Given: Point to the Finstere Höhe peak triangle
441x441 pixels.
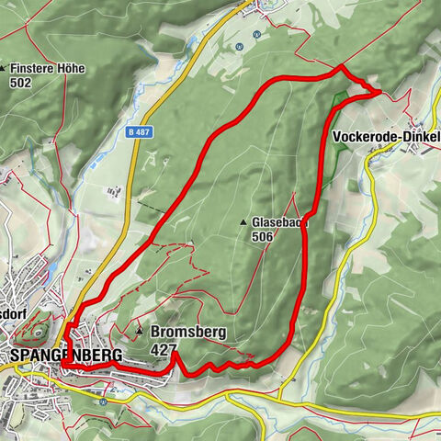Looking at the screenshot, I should coord(4,68).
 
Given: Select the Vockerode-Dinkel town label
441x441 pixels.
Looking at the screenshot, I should coord(385,137).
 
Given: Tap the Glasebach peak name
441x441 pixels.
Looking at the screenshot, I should coord(279,222).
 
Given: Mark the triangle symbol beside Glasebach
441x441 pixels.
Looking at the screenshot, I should coord(243,222).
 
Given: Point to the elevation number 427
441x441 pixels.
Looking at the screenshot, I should coord(163,349).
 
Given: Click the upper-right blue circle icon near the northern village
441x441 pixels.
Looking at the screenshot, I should coord(256,35).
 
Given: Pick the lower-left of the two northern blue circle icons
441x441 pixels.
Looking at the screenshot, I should coord(240,46).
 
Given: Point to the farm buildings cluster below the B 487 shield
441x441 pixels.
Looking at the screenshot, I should coord(115,192).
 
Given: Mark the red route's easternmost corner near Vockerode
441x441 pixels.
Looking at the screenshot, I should coord(380,92).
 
